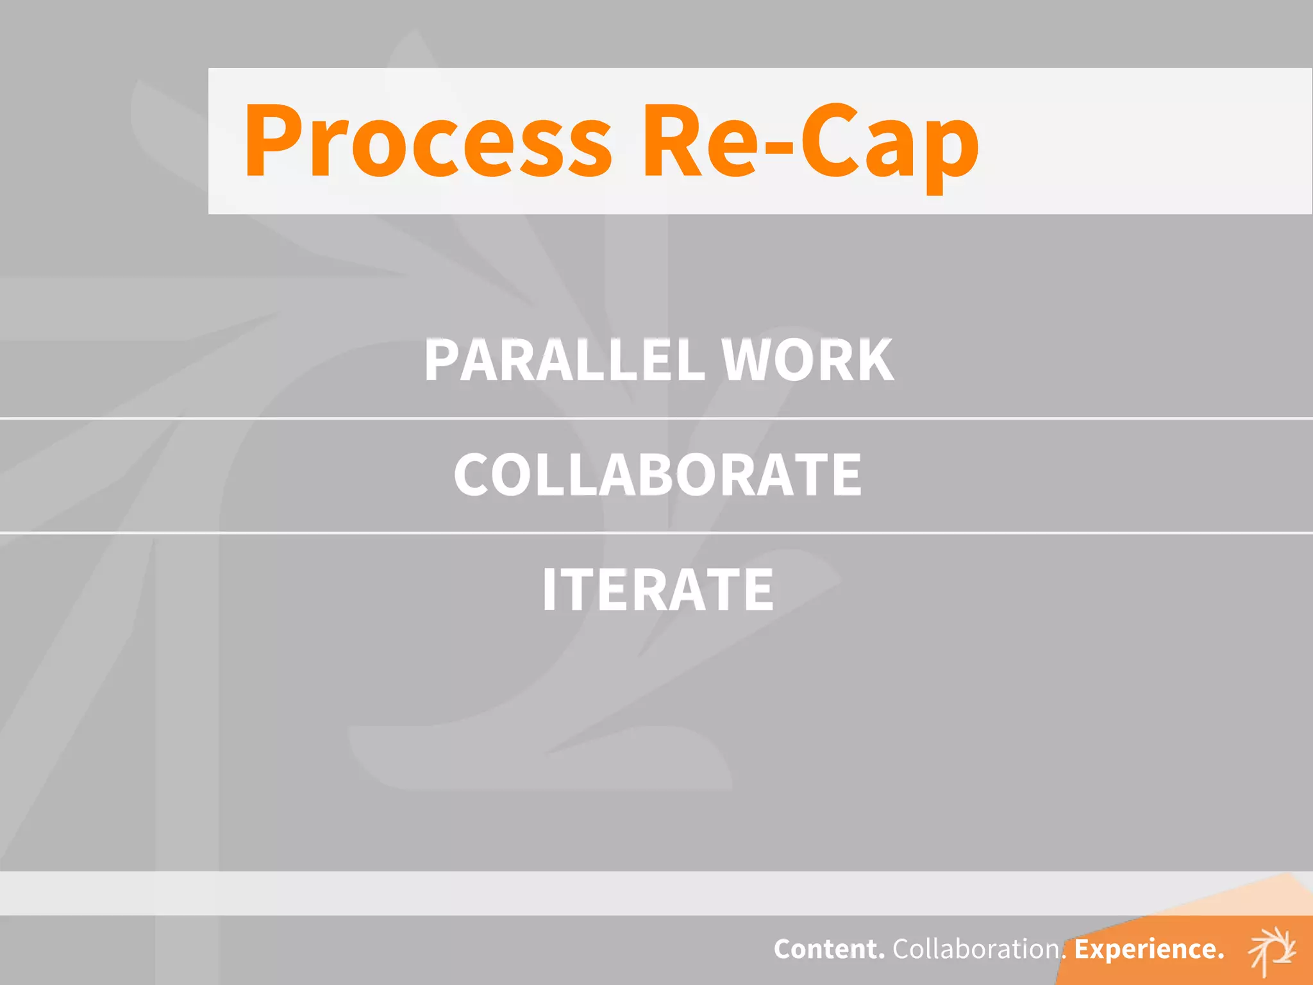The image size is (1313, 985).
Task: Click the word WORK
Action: coord(808,360)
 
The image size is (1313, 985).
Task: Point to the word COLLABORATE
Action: coord(658,475)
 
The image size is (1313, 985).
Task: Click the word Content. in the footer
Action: coord(829,949)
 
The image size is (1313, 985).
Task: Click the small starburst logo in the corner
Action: coord(1273,950)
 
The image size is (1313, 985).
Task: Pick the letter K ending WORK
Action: coord(873,360)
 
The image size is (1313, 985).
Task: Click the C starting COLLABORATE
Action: coord(473,475)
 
